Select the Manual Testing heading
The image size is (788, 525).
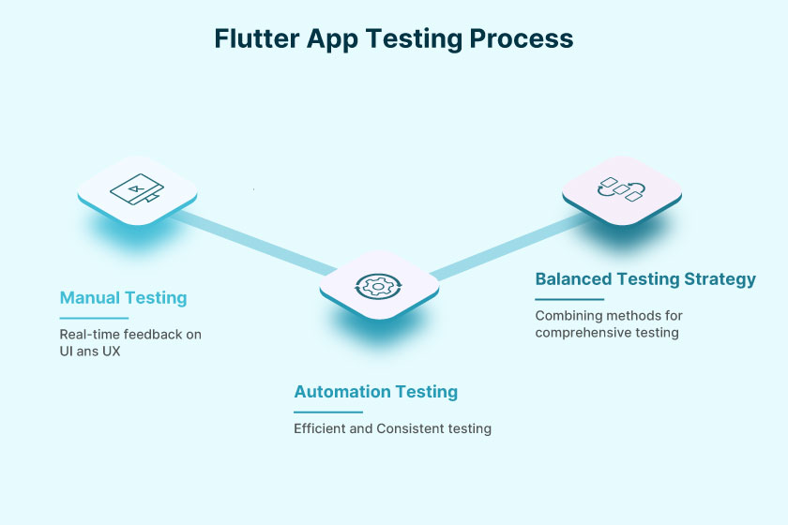click(x=123, y=298)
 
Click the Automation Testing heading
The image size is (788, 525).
click(x=375, y=392)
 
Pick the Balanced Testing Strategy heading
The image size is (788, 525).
click(x=645, y=279)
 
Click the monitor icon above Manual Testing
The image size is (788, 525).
click(x=136, y=189)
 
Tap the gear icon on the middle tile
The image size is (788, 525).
click(x=378, y=285)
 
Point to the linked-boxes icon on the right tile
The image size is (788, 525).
click(x=622, y=187)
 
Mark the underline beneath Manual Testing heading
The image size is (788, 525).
click(x=94, y=318)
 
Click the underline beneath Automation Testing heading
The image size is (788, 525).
click(x=327, y=412)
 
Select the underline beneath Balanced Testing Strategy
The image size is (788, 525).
click(x=569, y=299)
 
